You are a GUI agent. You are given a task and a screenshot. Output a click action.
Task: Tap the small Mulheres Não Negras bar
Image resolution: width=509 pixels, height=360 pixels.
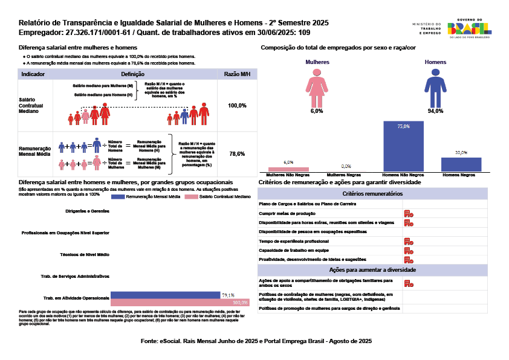point(288,169)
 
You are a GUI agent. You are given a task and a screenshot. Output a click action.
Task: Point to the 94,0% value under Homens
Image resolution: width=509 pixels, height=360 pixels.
point(435,111)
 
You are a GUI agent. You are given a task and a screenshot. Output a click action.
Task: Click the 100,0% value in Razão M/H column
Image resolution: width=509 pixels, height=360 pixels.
point(237,106)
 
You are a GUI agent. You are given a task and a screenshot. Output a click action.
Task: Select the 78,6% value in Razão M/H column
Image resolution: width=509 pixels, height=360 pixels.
point(237,154)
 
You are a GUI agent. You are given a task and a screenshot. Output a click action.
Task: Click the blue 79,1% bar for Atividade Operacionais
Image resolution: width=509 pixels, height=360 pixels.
point(166,295)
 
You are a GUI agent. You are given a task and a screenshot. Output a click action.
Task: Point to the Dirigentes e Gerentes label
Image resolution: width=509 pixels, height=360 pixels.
point(87,211)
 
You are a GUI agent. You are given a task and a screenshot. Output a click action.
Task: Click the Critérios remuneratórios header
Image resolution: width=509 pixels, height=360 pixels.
point(372,194)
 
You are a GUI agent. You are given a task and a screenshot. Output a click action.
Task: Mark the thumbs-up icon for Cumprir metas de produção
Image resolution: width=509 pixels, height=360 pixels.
point(409,213)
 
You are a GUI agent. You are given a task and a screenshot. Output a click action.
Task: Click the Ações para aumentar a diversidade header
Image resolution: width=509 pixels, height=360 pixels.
point(372,270)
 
